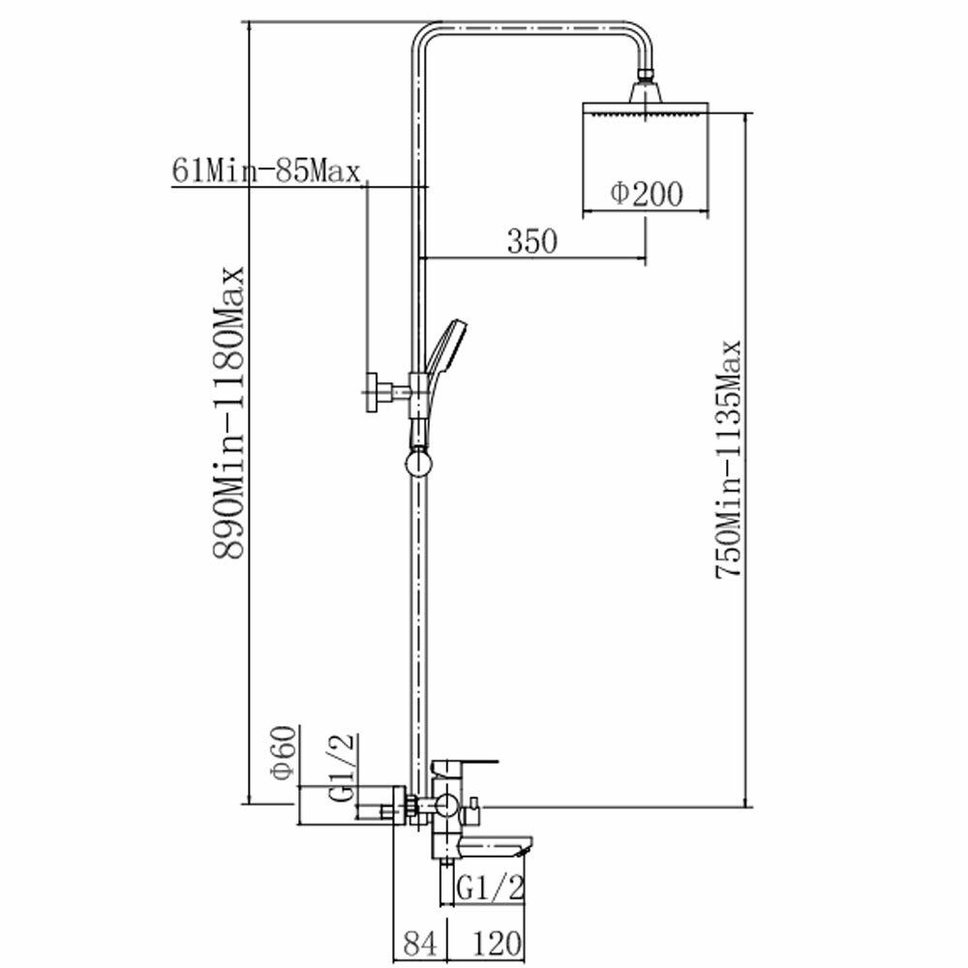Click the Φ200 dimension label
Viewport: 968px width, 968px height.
647,194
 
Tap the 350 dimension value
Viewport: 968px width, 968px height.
531,241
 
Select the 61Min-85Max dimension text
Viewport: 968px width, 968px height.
265,170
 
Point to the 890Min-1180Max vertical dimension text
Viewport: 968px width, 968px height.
228,413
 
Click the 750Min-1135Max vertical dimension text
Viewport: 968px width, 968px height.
728,459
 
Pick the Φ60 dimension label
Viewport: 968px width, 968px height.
285,752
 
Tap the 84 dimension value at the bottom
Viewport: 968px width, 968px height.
420,943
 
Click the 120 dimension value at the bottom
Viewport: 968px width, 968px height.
497,943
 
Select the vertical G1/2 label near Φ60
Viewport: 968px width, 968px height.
343,768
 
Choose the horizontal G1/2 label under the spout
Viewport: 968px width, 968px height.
491,888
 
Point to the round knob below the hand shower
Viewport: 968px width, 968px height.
418,464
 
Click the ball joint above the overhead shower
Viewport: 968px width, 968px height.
646,76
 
